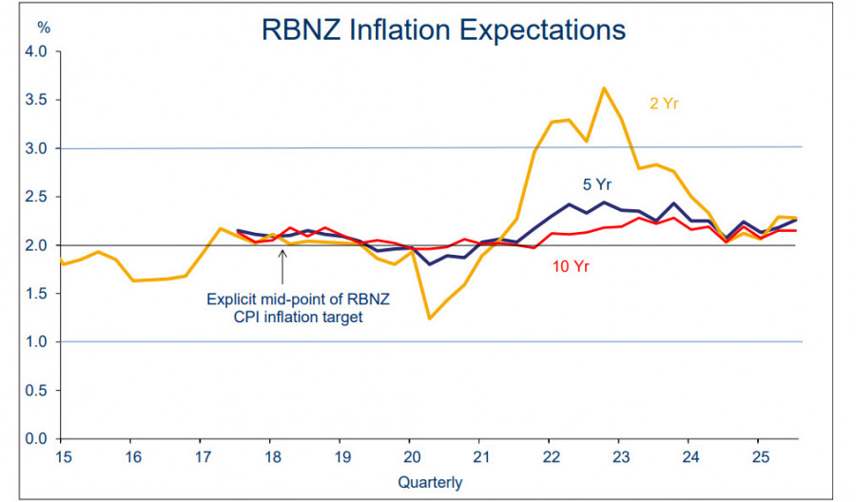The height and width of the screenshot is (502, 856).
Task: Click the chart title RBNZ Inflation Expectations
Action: (x=443, y=29)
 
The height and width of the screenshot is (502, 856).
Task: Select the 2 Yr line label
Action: (x=664, y=104)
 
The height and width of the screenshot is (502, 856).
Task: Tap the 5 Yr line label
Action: (x=595, y=184)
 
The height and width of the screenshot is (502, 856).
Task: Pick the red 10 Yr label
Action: (x=571, y=267)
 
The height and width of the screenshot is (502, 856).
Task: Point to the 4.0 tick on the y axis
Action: (x=36, y=51)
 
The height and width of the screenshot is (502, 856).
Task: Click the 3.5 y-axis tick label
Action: (x=36, y=100)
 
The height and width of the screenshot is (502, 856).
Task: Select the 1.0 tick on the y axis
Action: (x=36, y=341)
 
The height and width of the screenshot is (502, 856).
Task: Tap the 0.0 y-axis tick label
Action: (x=36, y=438)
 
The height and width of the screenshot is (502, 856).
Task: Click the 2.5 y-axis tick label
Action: (x=36, y=197)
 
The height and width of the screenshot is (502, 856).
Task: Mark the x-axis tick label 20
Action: (x=409, y=457)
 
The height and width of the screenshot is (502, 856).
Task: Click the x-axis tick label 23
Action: (x=618, y=457)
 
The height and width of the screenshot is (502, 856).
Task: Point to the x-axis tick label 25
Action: (x=758, y=457)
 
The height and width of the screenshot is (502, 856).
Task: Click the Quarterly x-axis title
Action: (x=431, y=483)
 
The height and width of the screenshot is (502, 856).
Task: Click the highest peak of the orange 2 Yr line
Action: (x=604, y=88)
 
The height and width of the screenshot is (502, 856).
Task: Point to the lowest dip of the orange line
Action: (x=429, y=318)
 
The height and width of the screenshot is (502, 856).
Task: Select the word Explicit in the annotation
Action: (x=233, y=299)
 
